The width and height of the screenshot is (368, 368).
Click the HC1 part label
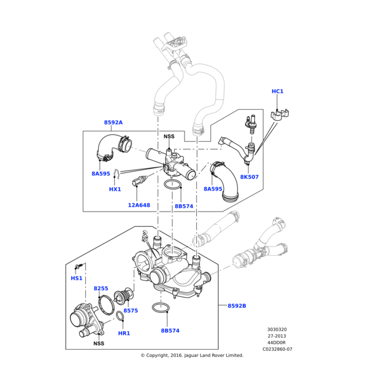click(277, 91)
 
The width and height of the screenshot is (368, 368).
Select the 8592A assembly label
click(113, 122)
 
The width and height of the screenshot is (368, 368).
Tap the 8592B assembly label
click(237, 306)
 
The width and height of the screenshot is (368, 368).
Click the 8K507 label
click(249, 177)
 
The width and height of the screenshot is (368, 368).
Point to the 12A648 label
click(139, 205)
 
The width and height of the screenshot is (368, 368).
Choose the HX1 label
click(115, 189)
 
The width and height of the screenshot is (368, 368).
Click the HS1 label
click(77, 278)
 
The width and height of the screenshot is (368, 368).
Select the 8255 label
click(101, 288)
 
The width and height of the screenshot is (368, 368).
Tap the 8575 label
click(131, 310)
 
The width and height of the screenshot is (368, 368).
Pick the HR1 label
click(124, 333)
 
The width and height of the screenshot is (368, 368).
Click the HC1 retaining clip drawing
click(279, 115)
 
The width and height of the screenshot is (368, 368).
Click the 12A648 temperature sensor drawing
click(139, 180)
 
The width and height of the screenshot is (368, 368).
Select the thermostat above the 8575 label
click(123, 295)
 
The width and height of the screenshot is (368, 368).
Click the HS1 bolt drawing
click(79, 266)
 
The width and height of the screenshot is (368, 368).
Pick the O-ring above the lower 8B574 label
click(161, 308)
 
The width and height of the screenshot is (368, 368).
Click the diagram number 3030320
click(277, 329)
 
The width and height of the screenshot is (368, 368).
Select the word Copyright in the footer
click(157, 355)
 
